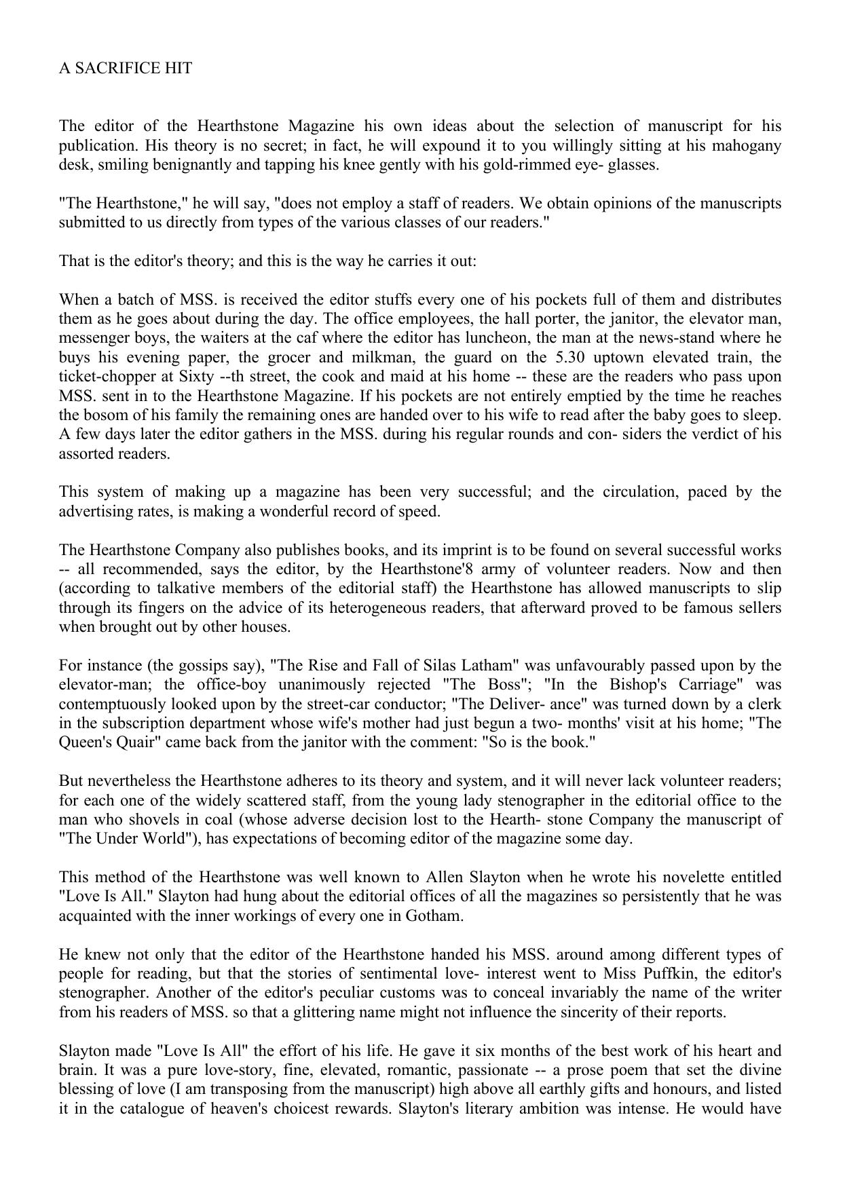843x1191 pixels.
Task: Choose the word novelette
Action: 681,877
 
